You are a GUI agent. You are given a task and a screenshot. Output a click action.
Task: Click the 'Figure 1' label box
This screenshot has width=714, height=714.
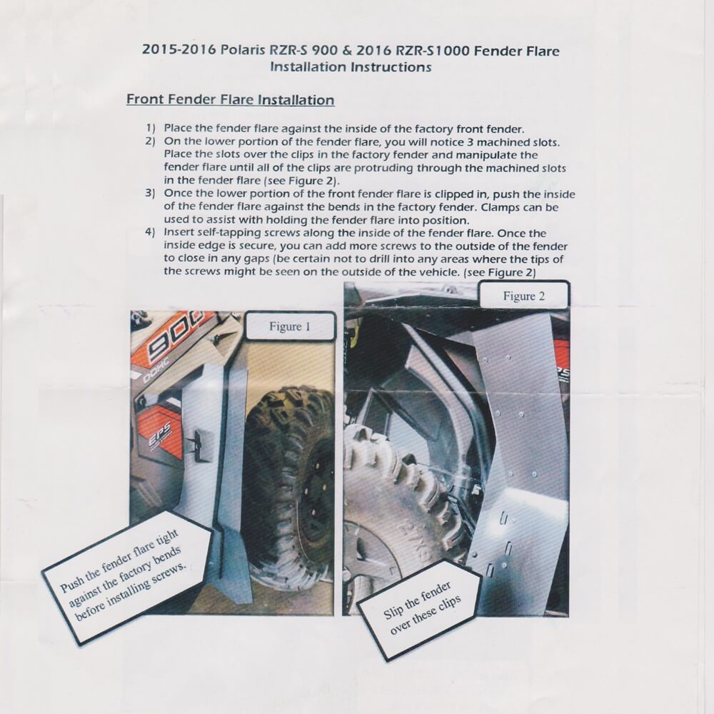290,326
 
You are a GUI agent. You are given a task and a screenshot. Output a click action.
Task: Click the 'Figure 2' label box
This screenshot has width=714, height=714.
523,296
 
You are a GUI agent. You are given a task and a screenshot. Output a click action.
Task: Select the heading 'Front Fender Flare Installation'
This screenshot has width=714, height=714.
231,100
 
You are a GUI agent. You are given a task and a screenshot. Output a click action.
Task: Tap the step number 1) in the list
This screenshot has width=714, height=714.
150,129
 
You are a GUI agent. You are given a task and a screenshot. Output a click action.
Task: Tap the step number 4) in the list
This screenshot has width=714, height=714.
150,233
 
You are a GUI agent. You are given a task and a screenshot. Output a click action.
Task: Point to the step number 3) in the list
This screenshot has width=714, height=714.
150,193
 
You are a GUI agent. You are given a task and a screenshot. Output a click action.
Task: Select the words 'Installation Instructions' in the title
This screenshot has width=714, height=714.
351,67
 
